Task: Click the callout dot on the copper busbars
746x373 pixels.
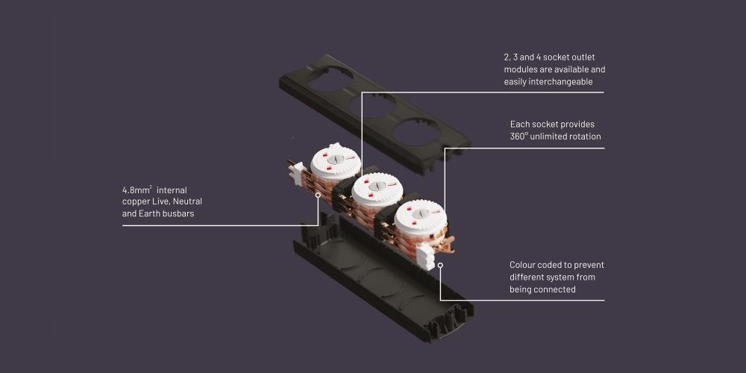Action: pos(318,195)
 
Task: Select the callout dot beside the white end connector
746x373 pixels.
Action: pos(440,265)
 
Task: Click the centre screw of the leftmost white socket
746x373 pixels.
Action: pos(336,160)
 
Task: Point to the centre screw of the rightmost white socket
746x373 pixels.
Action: pos(419,214)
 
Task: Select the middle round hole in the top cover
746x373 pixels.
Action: pos(372,106)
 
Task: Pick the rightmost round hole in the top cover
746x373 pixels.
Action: pos(416,132)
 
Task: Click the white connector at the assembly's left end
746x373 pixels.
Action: pos(298,173)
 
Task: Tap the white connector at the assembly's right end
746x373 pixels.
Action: pos(426,257)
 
